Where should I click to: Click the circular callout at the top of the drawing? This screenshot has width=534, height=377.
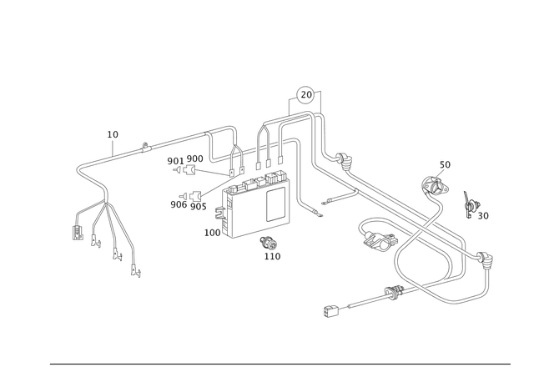(306, 93)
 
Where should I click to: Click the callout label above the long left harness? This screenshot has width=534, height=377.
(113, 133)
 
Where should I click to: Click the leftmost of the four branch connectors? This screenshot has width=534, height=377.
(77, 234)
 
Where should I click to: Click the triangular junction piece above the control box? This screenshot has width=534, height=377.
(236, 153)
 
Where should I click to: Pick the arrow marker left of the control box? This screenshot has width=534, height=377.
(196, 195)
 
